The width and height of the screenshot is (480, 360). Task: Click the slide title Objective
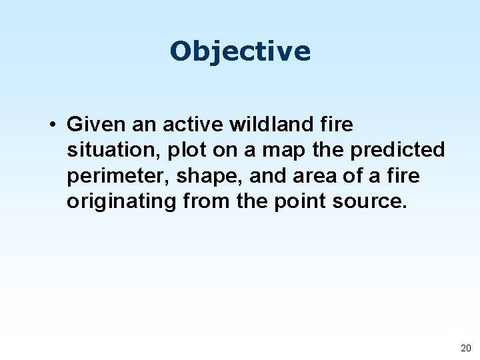(x=240, y=51)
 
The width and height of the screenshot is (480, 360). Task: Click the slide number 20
(x=465, y=348)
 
